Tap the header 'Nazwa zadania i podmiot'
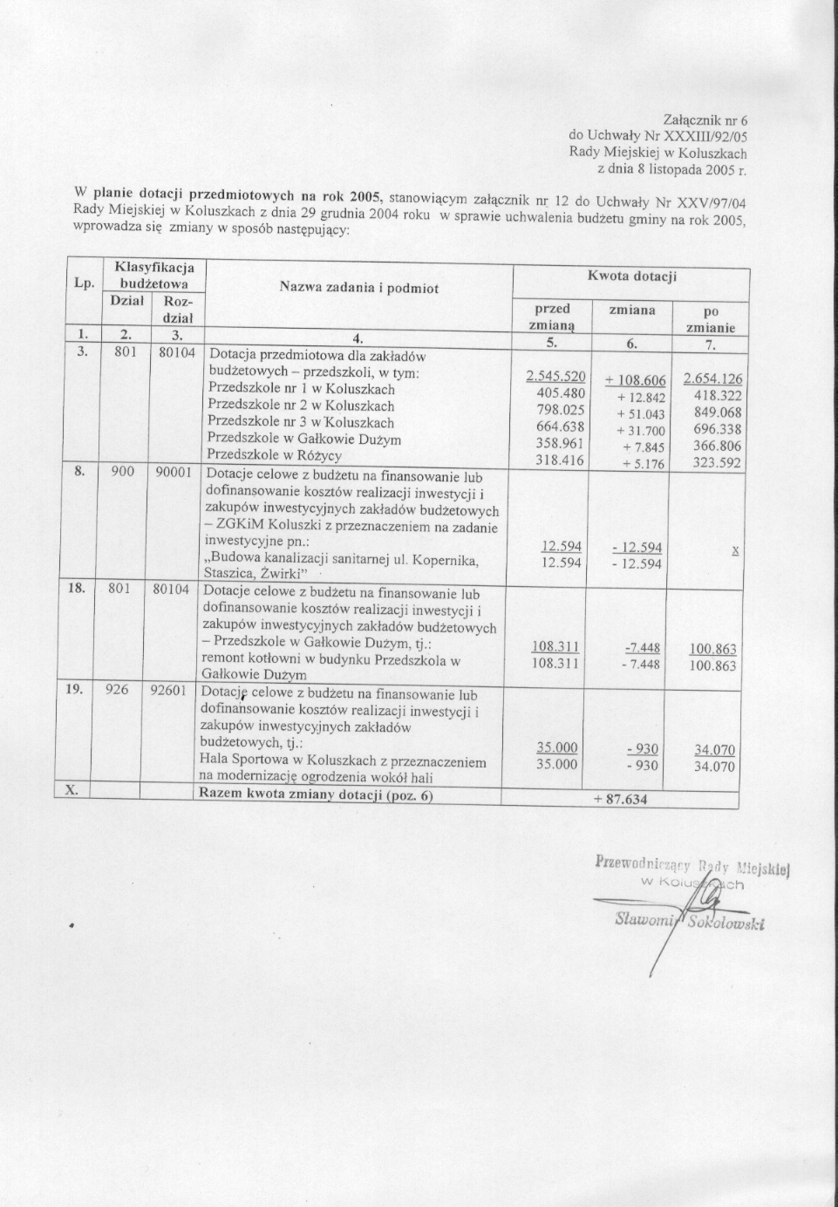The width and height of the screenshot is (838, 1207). click(359, 287)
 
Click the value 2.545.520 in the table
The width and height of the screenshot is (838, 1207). click(555, 377)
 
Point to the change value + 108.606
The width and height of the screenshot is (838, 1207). click(636, 380)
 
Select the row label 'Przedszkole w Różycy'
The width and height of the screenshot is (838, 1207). click(274, 455)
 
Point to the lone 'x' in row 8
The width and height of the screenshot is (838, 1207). click(735, 550)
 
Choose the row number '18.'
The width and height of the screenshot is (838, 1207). click(77, 588)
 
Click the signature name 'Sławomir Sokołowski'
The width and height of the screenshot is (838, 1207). click(689, 922)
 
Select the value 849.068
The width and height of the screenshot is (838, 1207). click(717, 413)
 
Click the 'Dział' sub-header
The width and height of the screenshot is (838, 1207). click(127, 300)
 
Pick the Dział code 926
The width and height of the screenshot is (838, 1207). click(117, 689)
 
